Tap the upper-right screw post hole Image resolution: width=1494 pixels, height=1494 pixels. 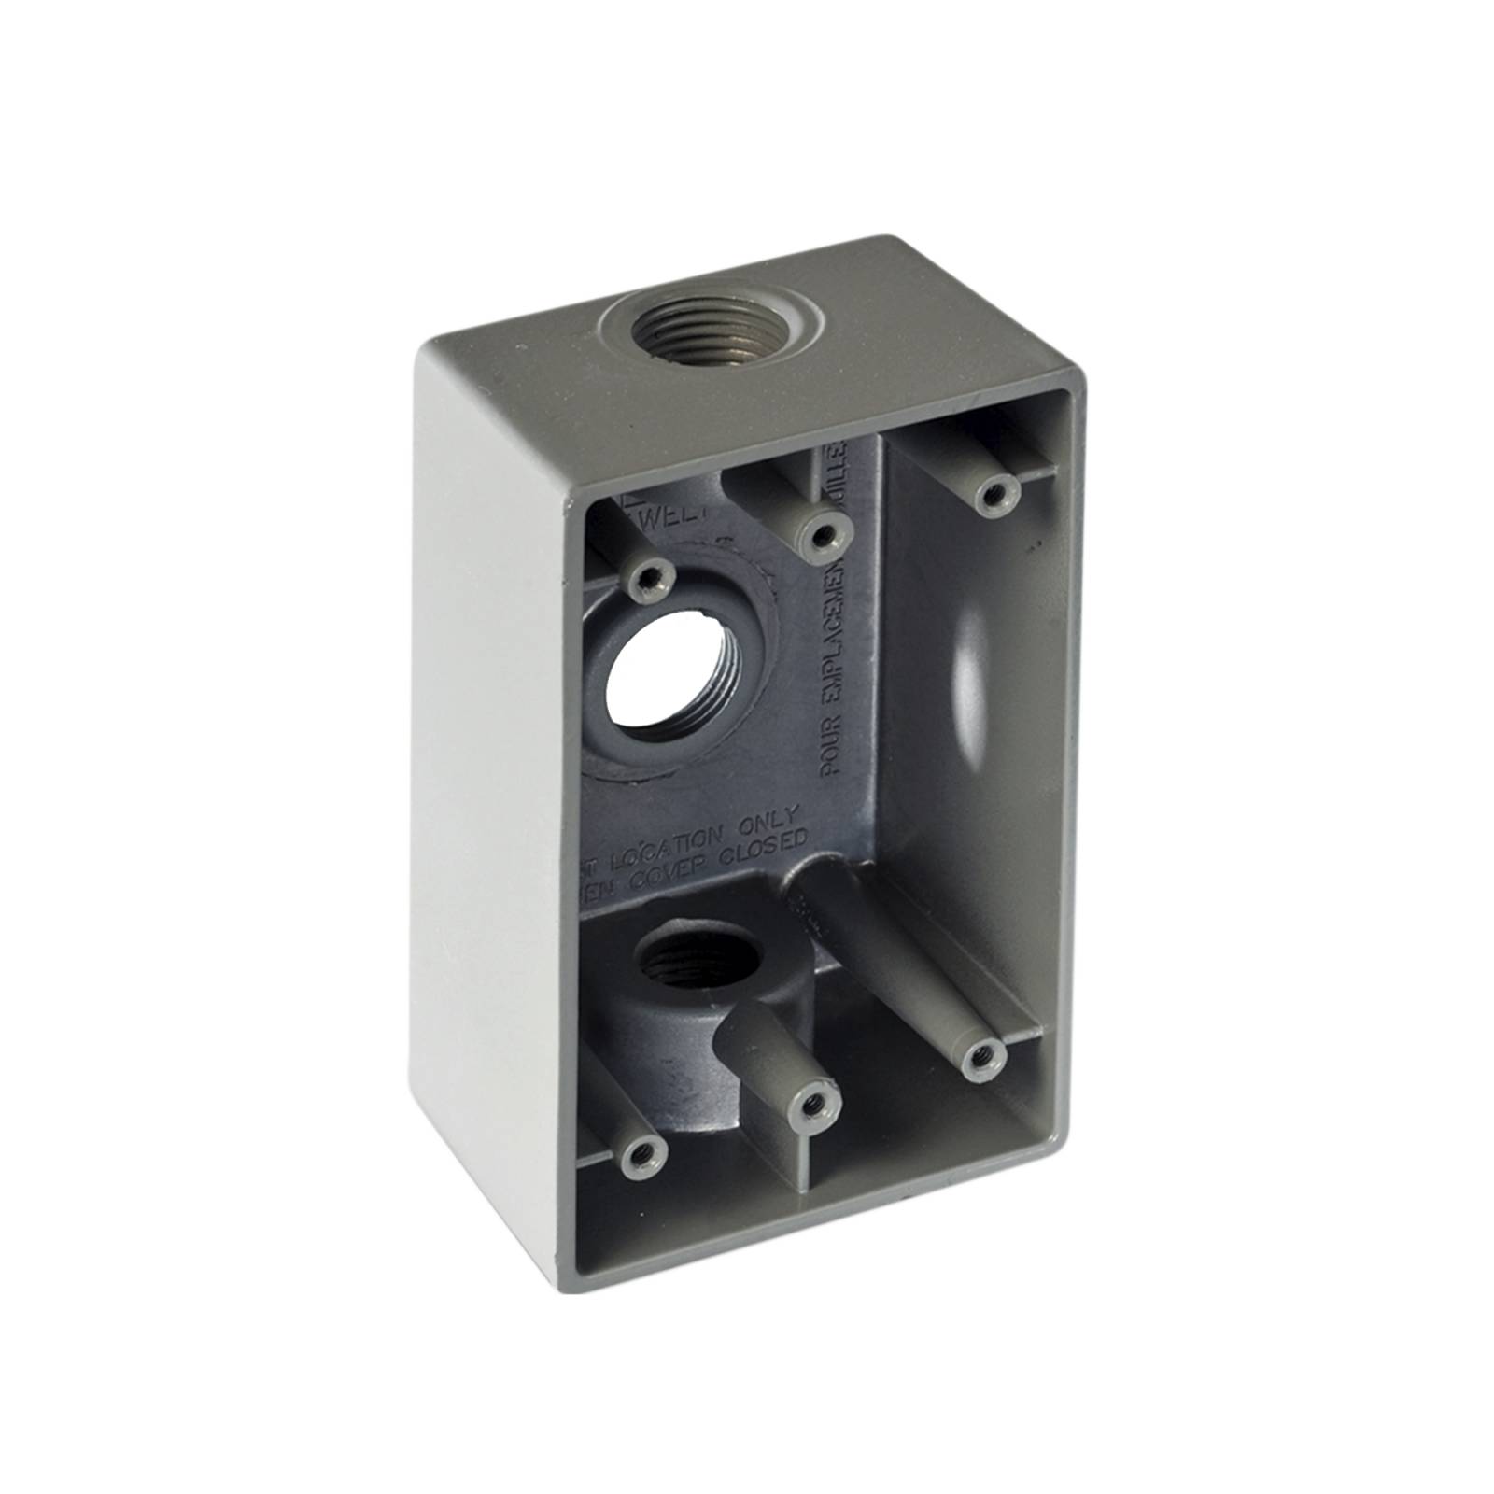[994, 492]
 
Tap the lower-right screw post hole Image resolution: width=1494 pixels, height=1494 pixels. [979, 1054]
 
